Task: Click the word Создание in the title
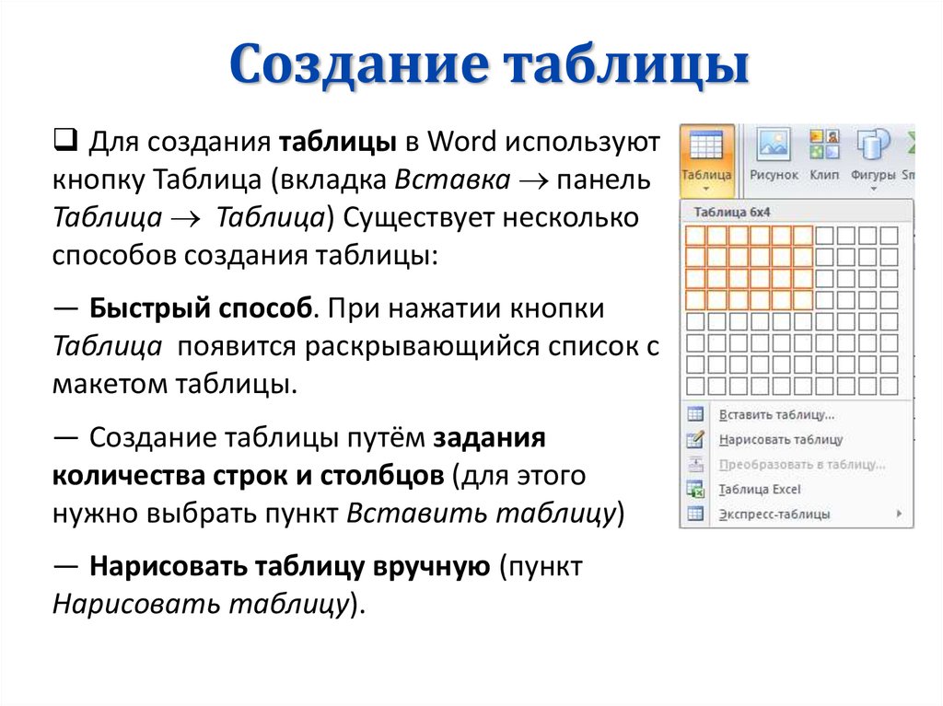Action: (x=358, y=64)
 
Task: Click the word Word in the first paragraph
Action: (x=462, y=142)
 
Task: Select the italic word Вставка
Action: (x=452, y=179)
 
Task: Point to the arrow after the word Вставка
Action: (x=533, y=181)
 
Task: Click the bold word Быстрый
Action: (x=150, y=308)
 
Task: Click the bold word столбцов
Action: (x=382, y=476)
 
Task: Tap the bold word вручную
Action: (x=431, y=567)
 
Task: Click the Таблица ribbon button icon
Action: (x=706, y=146)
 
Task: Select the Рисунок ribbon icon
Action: (x=774, y=145)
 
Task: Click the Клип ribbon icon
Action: (x=824, y=145)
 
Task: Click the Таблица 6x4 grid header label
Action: (x=732, y=213)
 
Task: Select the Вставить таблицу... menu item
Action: (x=776, y=415)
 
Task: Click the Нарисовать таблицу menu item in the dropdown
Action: (x=781, y=440)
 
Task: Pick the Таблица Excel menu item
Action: (x=760, y=490)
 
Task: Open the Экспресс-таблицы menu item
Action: (x=774, y=515)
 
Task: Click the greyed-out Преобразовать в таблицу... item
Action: (x=802, y=465)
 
